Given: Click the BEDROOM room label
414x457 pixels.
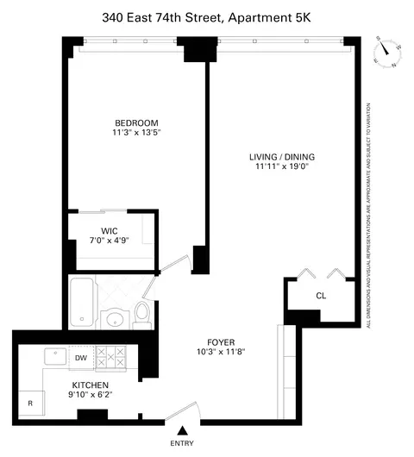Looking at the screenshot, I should [x=137, y=122].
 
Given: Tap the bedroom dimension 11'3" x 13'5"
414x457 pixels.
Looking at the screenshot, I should [x=137, y=133].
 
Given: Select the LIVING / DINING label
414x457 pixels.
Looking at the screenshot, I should [x=282, y=157].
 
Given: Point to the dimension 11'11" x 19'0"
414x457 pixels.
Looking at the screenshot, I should [x=282, y=167].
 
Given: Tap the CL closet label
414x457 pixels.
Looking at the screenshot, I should [x=321, y=296].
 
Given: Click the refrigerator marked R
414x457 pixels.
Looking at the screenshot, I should [x=31, y=403].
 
